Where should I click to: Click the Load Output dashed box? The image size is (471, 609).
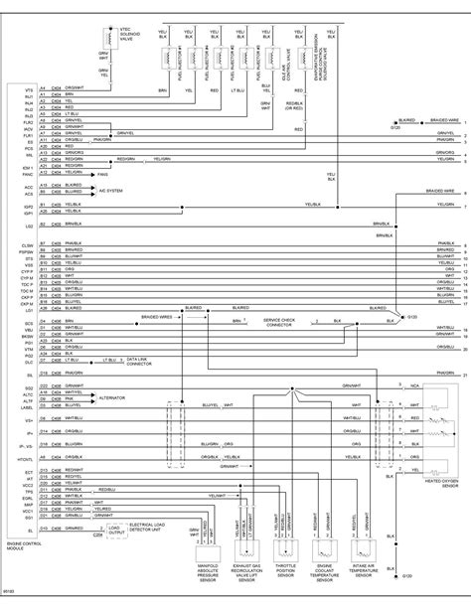115,504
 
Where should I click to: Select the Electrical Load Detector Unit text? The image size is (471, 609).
152,503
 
